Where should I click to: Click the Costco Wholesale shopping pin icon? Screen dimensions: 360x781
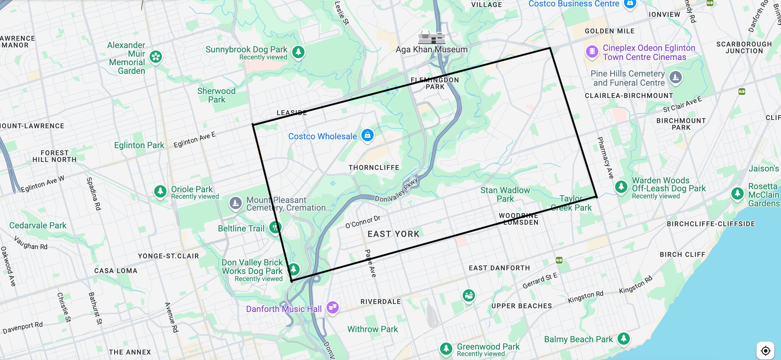(367, 135)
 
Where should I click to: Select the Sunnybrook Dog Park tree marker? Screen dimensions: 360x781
(298, 52)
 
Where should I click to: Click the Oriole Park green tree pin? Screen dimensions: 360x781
(160, 191)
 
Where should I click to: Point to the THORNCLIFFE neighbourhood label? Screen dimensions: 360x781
(374, 167)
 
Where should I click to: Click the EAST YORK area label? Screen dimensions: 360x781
(393, 234)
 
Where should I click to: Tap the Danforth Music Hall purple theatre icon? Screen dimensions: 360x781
(332, 307)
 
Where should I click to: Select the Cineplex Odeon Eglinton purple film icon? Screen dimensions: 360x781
(592, 51)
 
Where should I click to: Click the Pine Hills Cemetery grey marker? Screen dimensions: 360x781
(675, 77)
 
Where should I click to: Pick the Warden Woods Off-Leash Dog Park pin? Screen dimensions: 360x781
(621, 186)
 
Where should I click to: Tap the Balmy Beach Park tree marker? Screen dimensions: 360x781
(623, 338)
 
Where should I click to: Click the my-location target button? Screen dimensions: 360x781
(765, 351)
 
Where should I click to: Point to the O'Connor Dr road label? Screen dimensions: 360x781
(363, 222)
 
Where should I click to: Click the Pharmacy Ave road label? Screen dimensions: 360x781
(605, 158)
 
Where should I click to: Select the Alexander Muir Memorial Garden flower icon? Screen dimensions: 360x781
(156, 56)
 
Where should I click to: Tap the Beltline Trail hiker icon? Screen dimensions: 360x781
(275, 227)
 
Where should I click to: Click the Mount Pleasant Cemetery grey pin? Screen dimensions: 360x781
(235, 203)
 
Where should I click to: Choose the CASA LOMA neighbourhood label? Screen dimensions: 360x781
(116, 271)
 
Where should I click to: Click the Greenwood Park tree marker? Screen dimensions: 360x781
(446, 348)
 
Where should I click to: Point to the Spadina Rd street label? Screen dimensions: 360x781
(94, 194)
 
